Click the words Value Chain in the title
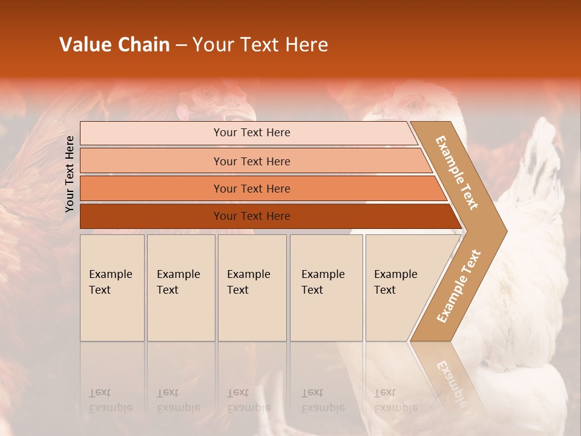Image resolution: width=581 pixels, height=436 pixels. point(114,45)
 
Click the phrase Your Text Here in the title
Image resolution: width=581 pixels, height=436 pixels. point(260,45)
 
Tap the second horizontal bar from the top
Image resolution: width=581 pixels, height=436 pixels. point(251,161)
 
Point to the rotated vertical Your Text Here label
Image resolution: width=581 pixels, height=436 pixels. point(70,173)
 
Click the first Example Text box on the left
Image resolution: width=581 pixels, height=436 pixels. point(112,288)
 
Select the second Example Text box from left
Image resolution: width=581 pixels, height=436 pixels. point(181,288)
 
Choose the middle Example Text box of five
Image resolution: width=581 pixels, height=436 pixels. point(252,288)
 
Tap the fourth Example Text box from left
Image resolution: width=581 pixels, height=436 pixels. point(326,288)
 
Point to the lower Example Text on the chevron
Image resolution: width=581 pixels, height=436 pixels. point(458,286)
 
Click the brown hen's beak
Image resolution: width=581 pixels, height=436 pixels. point(245,112)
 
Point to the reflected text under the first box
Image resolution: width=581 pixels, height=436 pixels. point(110,400)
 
